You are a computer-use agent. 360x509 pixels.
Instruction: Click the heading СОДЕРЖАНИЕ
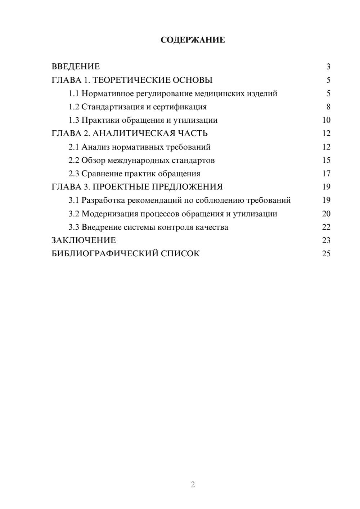(193, 40)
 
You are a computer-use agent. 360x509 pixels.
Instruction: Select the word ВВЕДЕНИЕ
(76, 67)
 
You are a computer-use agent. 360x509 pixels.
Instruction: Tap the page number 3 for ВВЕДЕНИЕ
(328, 67)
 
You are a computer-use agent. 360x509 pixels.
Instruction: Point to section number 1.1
(73, 94)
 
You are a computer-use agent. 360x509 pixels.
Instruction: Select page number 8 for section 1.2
(328, 107)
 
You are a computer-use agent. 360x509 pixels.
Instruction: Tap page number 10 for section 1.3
(326, 120)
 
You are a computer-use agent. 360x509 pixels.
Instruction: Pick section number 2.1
(73, 147)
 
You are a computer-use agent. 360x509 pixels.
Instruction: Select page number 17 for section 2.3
(326, 174)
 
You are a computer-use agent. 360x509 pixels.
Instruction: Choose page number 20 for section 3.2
(326, 214)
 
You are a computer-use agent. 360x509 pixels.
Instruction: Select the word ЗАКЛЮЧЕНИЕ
(84, 240)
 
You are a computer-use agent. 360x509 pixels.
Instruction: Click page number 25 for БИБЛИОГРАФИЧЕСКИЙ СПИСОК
(326, 254)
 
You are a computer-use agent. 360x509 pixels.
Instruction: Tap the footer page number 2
(193, 485)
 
